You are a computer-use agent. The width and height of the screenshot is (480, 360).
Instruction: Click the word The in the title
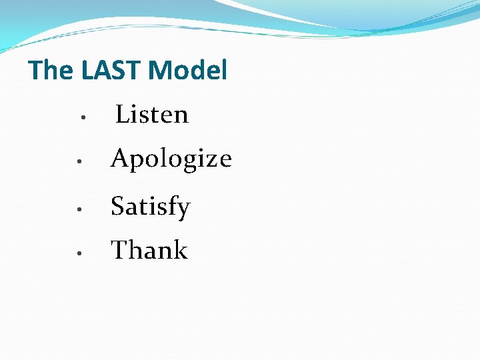pos(52,70)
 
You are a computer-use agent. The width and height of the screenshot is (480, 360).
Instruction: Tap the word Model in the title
pos(188,70)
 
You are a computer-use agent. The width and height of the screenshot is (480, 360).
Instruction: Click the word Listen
pos(152,115)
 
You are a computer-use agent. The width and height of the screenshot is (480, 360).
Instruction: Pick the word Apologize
pos(171,159)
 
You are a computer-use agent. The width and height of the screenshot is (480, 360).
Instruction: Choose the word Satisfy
pos(151,207)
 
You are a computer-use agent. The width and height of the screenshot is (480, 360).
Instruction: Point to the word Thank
pos(149,251)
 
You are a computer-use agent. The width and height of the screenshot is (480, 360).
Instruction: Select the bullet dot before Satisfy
pos(79,209)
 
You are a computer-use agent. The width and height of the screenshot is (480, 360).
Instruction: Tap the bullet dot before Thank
pos(79,253)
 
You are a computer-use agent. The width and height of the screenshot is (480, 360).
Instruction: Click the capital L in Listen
pos(123,115)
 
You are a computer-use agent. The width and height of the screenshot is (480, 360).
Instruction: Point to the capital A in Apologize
pos(120,159)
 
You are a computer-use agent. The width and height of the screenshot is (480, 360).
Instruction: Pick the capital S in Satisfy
pos(118,207)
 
